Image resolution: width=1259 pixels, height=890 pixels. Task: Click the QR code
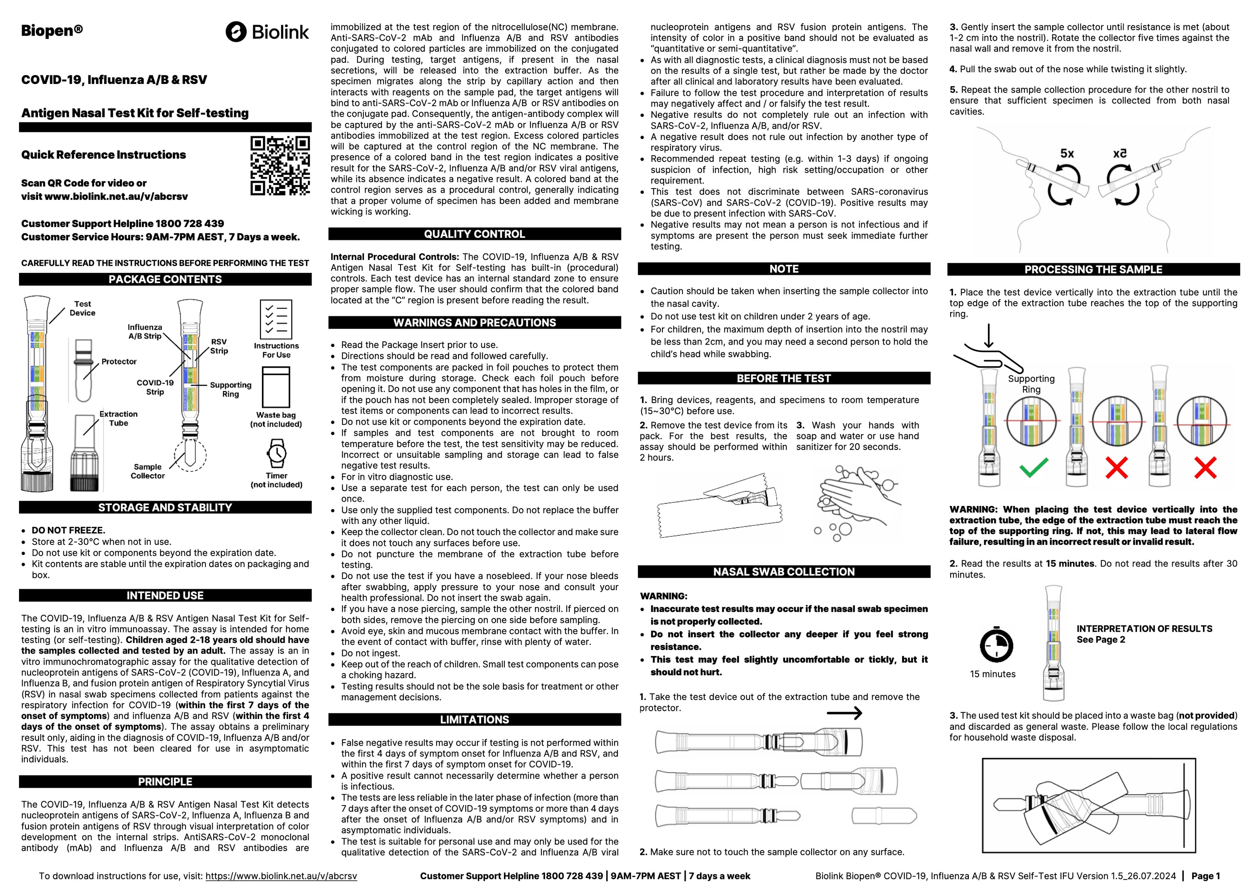click(280, 165)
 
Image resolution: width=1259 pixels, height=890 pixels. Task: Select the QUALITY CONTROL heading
click(474, 234)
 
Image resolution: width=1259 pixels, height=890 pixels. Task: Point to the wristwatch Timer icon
click(277, 453)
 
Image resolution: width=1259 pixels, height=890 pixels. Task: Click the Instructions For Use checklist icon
click(276, 319)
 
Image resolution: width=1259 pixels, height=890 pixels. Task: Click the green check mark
click(1034, 468)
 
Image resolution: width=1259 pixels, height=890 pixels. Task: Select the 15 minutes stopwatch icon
click(996, 645)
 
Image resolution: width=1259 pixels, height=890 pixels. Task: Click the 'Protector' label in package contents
click(119, 362)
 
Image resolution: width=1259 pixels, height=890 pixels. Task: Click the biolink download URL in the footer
click(281, 876)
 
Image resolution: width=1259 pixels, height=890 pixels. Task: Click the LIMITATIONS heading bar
click(474, 720)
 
